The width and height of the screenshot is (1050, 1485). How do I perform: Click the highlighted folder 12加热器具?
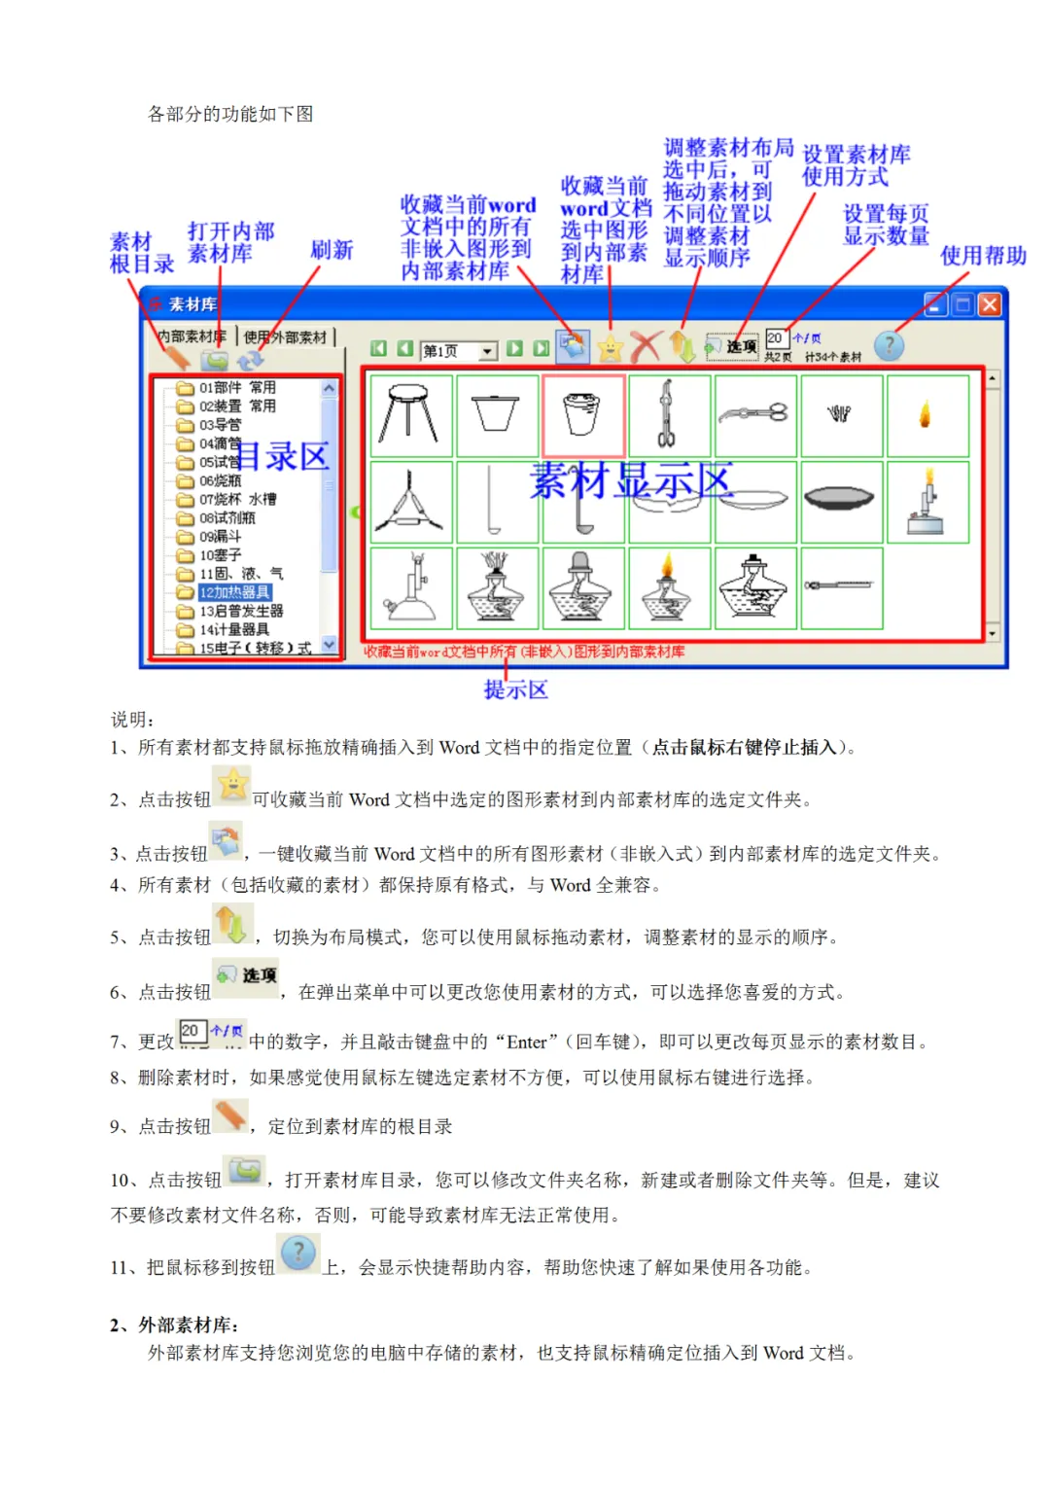click(234, 592)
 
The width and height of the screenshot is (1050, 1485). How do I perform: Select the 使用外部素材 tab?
click(285, 337)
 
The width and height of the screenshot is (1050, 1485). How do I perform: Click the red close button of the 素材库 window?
click(989, 304)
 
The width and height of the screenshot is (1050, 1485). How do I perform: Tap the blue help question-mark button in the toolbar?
click(888, 345)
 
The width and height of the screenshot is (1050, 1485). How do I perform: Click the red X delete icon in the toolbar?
click(644, 346)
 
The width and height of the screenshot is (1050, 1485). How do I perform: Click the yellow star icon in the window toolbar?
click(610, 347)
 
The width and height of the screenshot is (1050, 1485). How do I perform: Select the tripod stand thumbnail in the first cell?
click(410, 415)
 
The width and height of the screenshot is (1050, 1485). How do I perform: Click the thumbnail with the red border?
click(582, 415)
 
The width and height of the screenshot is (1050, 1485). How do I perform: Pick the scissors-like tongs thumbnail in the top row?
click(754, 415)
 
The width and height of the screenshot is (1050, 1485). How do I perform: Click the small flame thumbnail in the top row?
click(926, 416)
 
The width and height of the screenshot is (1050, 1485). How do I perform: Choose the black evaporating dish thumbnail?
click(840, 500)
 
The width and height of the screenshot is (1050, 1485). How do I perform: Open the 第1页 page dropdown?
click(488, 351)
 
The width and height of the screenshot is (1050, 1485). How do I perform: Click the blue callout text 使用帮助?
click(983, 256)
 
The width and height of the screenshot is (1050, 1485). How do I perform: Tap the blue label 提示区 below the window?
click(516, 689)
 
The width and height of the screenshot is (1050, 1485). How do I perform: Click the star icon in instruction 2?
click(233, 785)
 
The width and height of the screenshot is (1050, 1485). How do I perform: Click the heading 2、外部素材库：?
click(174, 1325)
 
